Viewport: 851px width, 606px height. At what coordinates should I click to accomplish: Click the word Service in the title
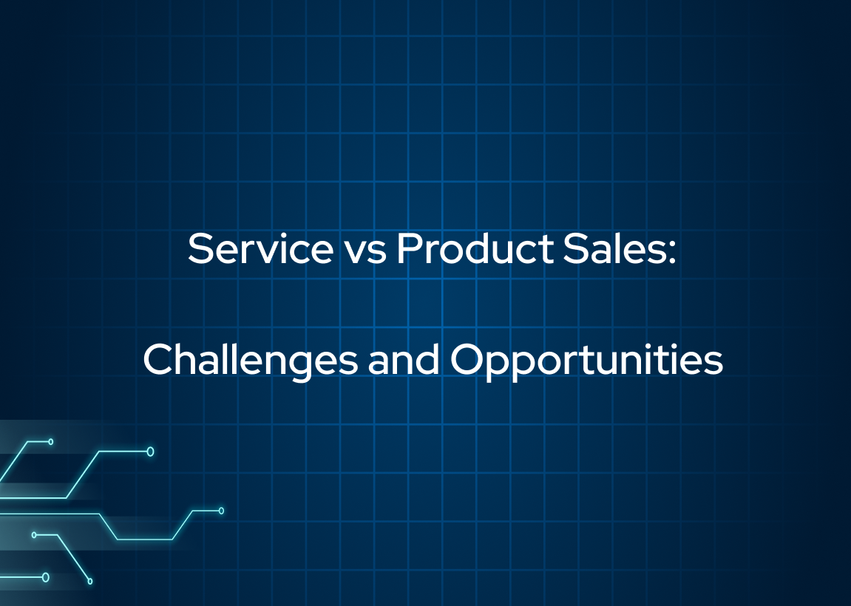click(x=260, y=248)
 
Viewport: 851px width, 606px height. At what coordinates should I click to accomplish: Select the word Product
click(x=475, y=248)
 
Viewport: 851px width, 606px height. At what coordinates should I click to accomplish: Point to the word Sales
click(x=613, y=248)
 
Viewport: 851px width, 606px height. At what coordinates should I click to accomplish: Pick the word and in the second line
click(x=404, y=359)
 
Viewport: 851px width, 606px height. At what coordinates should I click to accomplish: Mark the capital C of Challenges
click(x=158, y=359)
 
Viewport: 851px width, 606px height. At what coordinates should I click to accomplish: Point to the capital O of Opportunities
click(x=467, y=359)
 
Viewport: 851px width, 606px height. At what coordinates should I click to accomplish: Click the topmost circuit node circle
click(x=51, y=442)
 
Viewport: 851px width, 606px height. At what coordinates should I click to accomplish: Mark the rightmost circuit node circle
click(x=221, y=511)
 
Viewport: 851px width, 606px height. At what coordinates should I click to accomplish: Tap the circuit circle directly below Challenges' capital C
click(x=150, y=452)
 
